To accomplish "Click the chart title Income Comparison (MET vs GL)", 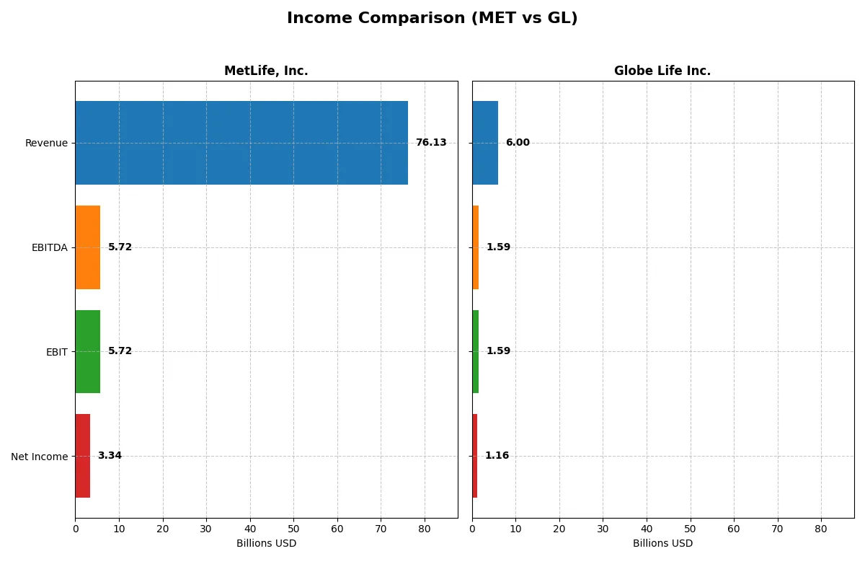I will [x=432, y=19].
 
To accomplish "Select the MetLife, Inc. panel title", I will [x=266, y=71].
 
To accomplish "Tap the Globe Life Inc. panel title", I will [x=662, y=71].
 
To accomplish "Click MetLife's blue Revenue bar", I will [x=241, y=143].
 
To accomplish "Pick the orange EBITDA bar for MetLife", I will [x=87, y=247].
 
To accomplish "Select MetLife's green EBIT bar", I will [x=87, y=352].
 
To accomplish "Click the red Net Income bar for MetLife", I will [x=82, y=456].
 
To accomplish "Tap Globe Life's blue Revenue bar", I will [x=485, y=143].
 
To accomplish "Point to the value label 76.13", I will [x=431, y=143].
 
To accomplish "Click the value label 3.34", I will [x=110, y=456].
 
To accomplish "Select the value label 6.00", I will [x=518, y=143].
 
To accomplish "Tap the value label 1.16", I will [x=497, y=456].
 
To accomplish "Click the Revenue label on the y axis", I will [x=46, y=143].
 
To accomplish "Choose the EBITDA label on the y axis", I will [x=50, y=247].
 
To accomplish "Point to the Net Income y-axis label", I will [x=39, y=457].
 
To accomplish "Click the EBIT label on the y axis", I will [x=56, y=352].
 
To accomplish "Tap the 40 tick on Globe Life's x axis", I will [x=647, y=529].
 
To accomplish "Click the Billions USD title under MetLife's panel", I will [x=266, y=544].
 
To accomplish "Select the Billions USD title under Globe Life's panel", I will [x=662, y=544].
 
